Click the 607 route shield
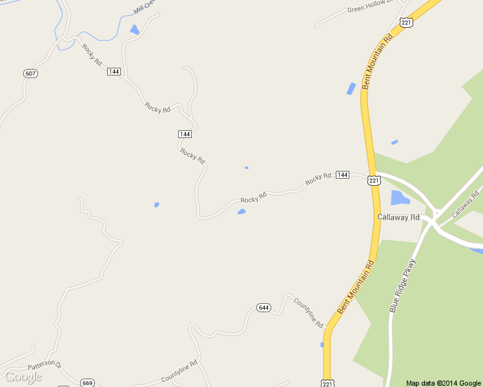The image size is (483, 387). click(30, 74)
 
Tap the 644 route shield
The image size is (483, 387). click(263, 308)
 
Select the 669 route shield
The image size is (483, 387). click(88, 383)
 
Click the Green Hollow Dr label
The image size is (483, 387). click(369, 8)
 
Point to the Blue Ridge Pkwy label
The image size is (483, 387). click(401, 286)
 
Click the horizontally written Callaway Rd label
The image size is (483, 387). click(398, 217)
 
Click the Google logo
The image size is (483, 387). click(23, 377)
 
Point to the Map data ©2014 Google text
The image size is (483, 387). click(444, 383)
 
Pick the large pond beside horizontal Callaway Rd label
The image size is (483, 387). click(400, 197)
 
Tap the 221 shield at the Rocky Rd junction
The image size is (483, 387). click(375, 181)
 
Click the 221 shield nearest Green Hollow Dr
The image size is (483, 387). click(406, 23)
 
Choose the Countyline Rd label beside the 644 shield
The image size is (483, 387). click(309, 313)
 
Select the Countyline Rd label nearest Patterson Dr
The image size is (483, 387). click(178, 372)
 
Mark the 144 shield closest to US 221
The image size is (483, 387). click(342, 175)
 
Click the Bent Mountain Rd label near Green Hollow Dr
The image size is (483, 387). click(377, 61)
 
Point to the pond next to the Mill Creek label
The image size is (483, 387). click(135, 30)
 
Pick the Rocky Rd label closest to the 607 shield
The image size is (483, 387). click(92, 54)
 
